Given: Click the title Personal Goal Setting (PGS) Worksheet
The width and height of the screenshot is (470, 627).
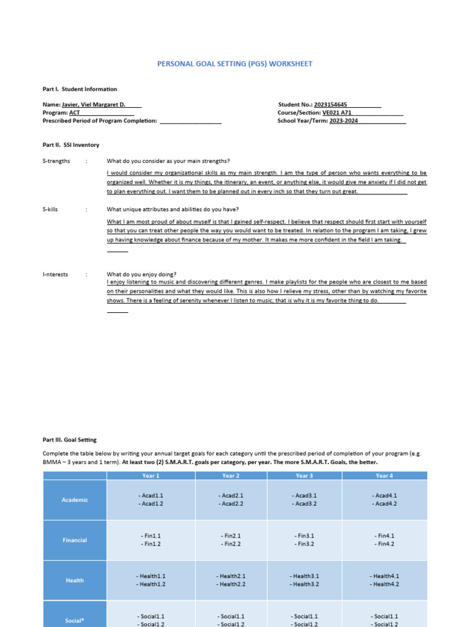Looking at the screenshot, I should click(x=235, y=64).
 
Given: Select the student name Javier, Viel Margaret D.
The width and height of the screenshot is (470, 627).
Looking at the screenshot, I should click(x=94, y=105).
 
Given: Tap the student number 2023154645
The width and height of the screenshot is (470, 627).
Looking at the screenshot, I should click(x=334, y=105).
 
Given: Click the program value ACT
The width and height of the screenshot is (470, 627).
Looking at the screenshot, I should click(x=75, y=113).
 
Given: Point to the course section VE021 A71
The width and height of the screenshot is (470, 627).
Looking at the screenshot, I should click(x=337, y=113).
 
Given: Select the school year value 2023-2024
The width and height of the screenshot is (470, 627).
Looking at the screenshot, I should click(x=343, y=121).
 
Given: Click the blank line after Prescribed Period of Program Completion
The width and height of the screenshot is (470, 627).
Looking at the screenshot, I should click(x=190, y=121).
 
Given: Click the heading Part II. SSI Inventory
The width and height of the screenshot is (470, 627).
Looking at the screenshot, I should click(x=70, y=145).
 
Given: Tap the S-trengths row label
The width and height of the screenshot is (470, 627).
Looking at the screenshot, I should click(x=56, y=161).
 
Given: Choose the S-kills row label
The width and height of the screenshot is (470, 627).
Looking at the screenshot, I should click(x=50, y=209).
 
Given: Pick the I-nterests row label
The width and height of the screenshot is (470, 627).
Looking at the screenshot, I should click(x=56, y=274).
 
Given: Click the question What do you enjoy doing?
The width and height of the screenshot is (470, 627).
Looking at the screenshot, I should click(x=141, y=274).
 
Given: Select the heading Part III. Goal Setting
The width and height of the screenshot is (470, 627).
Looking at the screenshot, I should click(x=69, y=440).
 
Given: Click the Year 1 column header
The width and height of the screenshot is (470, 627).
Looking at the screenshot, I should click(x=150, y=476).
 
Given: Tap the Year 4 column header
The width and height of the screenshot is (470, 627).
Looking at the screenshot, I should click(x=384, y=476).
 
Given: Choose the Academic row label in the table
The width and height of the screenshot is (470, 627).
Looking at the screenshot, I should click(x=75, y=500).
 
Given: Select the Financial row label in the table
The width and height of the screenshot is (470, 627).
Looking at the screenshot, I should click(x=75, y=540).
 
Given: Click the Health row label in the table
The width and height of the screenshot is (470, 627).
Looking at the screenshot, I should click(x=75, y=580).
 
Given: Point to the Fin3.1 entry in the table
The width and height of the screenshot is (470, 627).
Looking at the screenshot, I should click(x=304, y=536).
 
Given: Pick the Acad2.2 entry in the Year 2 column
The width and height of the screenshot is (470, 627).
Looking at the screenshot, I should click(x=230, y=504).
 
